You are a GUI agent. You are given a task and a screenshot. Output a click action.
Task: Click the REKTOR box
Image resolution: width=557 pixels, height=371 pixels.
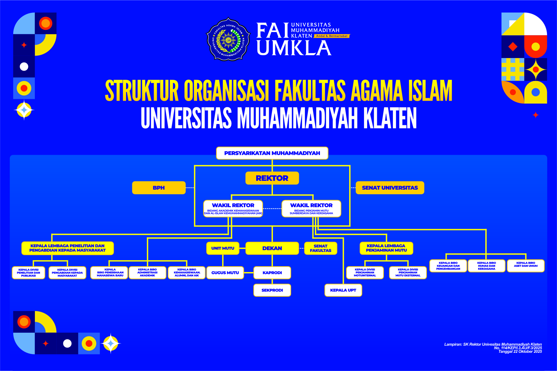point(272,178)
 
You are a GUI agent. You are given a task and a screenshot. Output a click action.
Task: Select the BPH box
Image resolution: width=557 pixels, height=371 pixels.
point(159,188)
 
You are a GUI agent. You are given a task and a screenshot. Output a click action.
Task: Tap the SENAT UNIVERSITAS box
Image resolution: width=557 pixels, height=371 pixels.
point(390,188)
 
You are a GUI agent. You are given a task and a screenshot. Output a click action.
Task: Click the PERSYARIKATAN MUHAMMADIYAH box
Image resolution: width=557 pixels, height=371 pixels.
point(272,153)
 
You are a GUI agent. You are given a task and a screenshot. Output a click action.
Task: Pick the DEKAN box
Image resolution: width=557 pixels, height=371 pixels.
point(272,248)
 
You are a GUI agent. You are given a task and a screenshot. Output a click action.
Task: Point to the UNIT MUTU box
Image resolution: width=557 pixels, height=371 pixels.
point(223,248)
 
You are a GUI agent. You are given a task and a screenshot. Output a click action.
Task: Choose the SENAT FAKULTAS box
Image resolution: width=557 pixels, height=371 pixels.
point(321,248)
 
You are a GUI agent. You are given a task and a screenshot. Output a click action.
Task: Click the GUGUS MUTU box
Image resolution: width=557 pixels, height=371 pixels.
point(225,273)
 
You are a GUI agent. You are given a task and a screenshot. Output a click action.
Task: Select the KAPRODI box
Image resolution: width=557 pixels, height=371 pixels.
point(272,273)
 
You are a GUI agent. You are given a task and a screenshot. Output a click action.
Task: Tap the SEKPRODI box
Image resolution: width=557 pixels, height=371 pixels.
point(272,290)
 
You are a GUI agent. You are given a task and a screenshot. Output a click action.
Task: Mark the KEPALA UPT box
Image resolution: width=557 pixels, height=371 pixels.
point(343,290)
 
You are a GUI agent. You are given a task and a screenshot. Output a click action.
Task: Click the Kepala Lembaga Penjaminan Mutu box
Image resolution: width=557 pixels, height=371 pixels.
point(386,248)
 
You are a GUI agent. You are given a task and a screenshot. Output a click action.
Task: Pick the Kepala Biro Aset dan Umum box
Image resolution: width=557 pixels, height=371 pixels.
point(526,266)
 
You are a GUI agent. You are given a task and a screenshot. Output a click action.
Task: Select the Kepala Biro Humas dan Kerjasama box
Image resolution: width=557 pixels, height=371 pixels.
point(486,266)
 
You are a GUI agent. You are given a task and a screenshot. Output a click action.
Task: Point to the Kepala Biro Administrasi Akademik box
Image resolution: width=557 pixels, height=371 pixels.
point(147,272)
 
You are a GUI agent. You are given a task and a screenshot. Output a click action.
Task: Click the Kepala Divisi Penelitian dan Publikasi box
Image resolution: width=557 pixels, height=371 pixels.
point(29,273)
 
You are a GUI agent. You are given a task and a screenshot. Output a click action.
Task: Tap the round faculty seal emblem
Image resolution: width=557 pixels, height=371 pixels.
point(228,39)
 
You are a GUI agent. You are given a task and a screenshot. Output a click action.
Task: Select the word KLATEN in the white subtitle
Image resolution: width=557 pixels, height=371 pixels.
point(390,118)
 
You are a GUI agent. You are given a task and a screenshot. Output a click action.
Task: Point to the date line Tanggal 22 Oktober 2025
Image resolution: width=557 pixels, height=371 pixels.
point(520,352)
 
